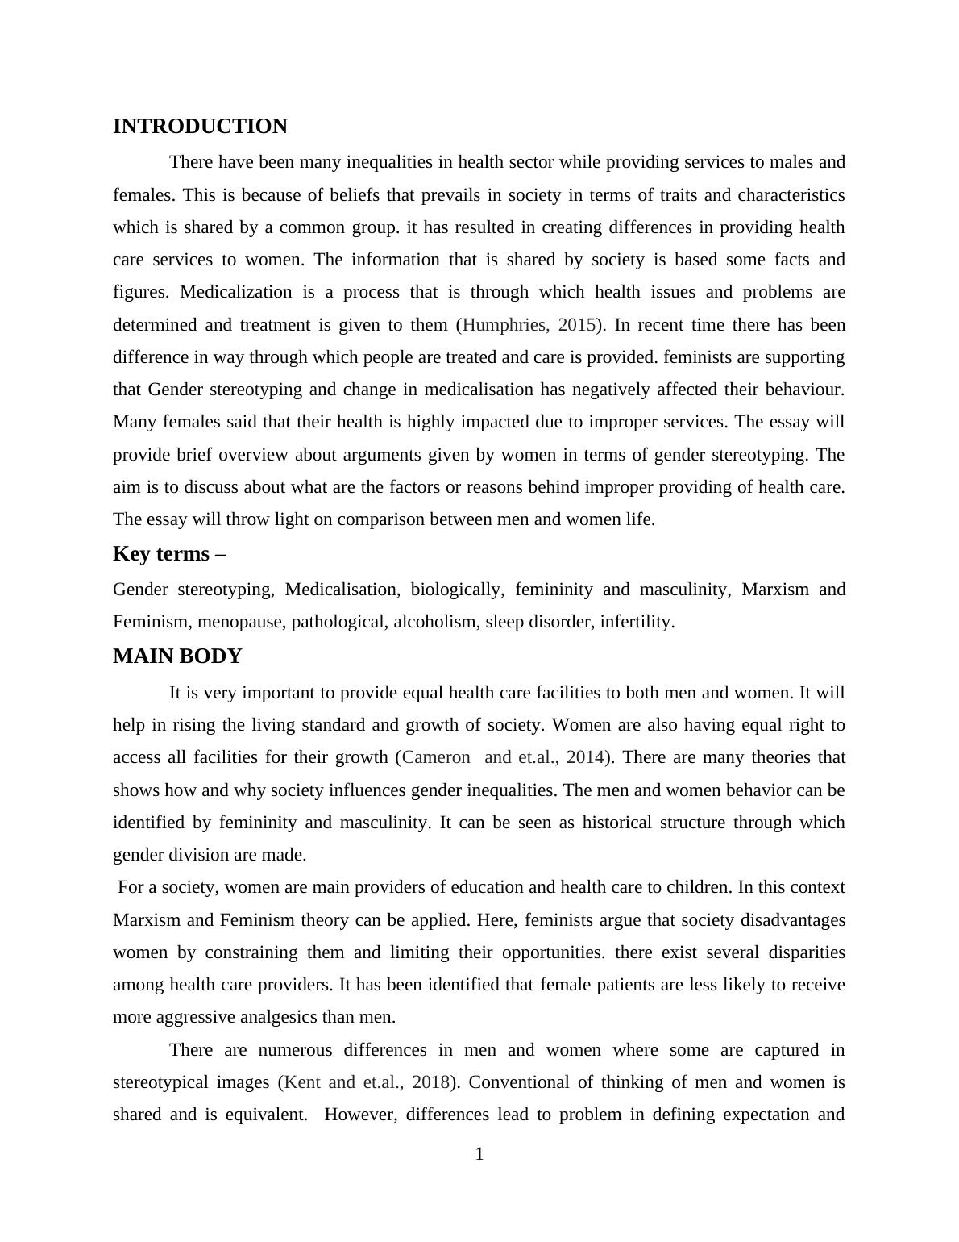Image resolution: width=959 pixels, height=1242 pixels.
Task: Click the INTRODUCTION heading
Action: (x=200, y=127)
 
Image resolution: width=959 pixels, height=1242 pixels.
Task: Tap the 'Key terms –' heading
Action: (x=169, y=554)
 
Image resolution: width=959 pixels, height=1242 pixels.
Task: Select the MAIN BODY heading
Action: (x=177, y=656)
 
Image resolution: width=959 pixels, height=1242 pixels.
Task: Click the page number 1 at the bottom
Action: (x=479, y=1155)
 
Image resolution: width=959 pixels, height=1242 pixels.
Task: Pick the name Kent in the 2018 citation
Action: (x=304, y=1082)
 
